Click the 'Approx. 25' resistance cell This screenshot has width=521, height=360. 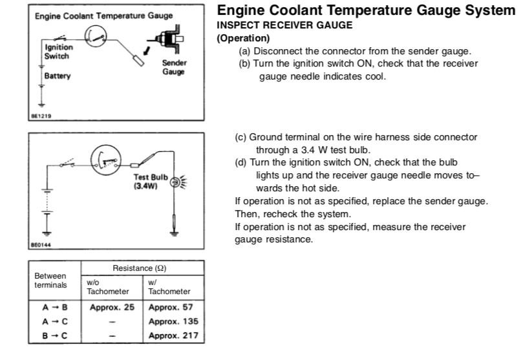112,307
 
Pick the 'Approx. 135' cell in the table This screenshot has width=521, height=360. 173,321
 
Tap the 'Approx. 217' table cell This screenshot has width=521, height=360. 173,335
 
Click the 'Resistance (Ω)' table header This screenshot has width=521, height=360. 142,268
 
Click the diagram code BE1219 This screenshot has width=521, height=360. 41,117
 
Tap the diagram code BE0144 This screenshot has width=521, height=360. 41,245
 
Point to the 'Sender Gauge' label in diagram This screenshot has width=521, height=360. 171,67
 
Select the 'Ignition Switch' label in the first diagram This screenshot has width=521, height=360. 58,52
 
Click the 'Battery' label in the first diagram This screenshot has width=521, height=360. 58,76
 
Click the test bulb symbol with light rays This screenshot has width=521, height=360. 175,182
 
